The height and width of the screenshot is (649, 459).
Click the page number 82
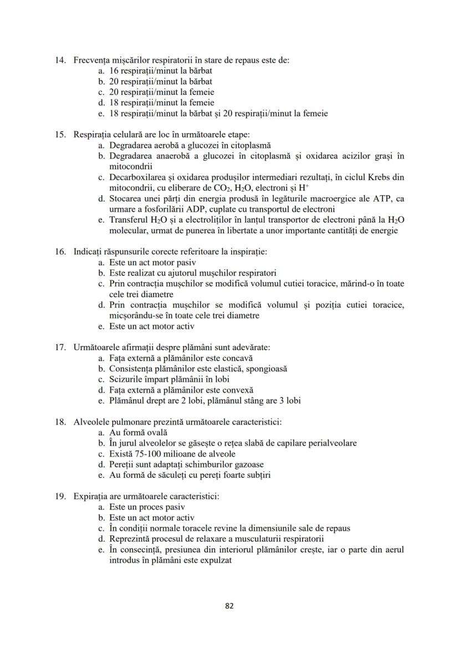click(229, 605)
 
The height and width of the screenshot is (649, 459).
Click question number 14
click(61, 60)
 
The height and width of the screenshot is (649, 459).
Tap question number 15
click(61, 135)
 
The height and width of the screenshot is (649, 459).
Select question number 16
click(61, 252)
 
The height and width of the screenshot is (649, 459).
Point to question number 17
click(61, 348)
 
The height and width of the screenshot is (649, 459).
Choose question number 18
click(61, 422)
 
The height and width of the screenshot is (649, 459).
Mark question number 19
click(61, 496)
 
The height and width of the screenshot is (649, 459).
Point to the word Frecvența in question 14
click(92, 60)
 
